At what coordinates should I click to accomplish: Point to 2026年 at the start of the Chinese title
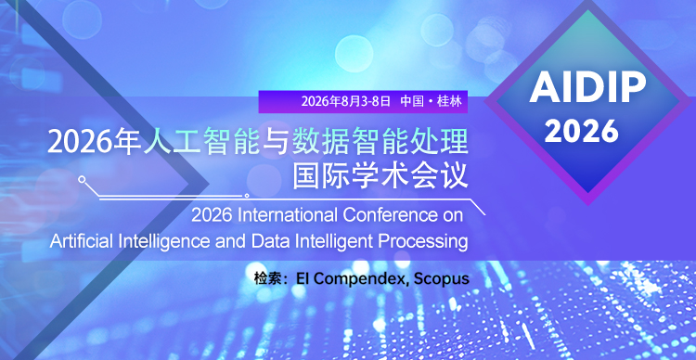tap(81, 143)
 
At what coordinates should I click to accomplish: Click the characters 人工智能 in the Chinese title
tap(176, 143)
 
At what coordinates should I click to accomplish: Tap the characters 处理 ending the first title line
tap(442, 143)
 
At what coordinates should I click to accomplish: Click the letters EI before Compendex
tap(300, 278)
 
